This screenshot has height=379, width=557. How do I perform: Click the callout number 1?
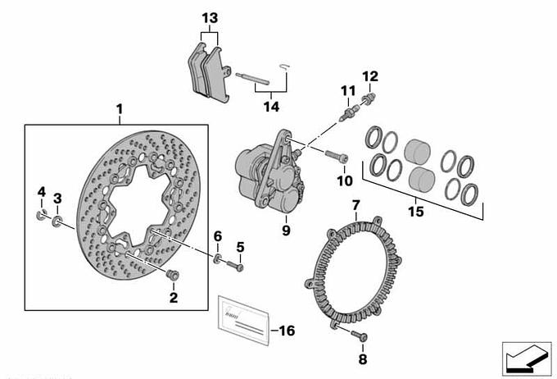(119, 109)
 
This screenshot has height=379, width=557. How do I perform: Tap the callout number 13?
(210, 18)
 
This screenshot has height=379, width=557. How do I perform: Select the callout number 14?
(270, 107)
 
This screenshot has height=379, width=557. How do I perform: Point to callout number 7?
(355, 204)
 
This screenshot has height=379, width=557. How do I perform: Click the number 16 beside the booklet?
(287, 331)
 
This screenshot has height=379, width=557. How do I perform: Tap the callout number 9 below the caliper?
(286, 231)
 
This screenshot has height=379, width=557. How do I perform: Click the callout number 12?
(370, 77)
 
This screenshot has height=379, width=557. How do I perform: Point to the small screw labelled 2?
(171, 274)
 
